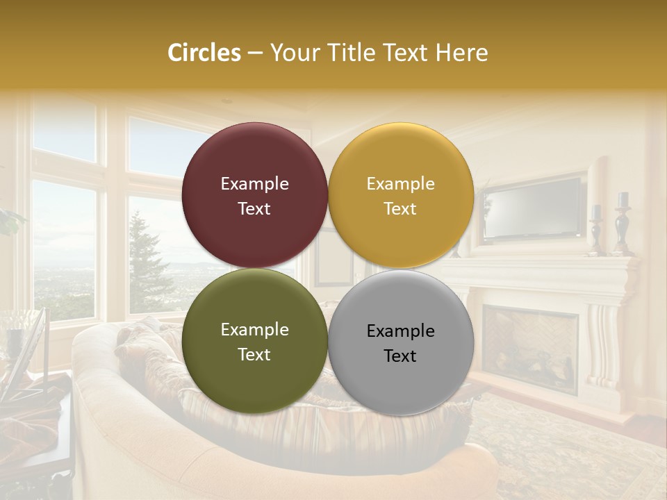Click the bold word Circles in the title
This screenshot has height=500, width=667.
tap(204, 53)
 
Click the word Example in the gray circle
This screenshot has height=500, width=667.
tap(401, 331)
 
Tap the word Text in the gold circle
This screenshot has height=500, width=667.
tap(400, 209)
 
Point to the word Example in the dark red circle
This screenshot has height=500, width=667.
tap(254, 184)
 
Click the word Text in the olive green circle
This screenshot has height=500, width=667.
tap(254, 355)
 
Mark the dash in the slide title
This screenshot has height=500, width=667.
tap(255, 53)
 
